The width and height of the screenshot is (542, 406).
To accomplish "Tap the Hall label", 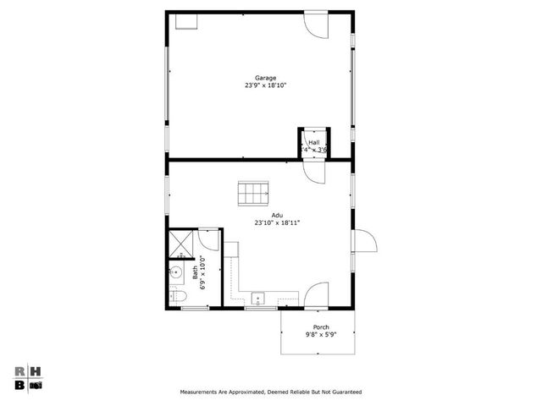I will pos(313,142).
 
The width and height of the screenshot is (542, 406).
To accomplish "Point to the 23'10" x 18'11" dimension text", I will pos(277,222).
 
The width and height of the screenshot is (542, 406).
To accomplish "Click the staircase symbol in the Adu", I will pos(252,194).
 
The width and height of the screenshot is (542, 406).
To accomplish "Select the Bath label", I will pos(195,272).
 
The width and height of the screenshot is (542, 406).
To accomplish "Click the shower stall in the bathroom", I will pos(180,244).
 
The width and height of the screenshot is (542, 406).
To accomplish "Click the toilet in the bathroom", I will pos(177,296).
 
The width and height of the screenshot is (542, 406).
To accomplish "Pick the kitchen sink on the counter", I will pos(257,299).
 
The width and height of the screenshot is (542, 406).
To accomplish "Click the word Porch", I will pos(320,326).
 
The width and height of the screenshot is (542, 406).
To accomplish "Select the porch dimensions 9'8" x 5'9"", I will pos(320,334).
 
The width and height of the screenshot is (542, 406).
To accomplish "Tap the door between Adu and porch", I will pos(314,296).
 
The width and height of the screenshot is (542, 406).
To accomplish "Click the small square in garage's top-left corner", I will pos(185,20).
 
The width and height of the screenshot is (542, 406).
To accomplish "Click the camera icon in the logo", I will pos(36,385).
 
